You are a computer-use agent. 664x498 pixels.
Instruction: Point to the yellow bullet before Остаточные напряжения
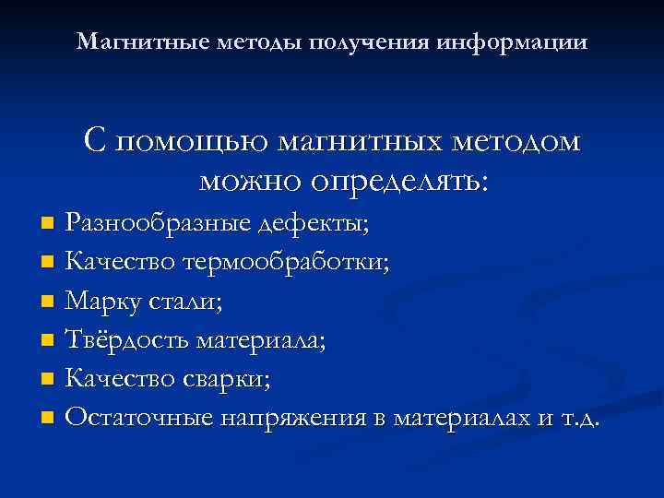[x=48, y=419]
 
